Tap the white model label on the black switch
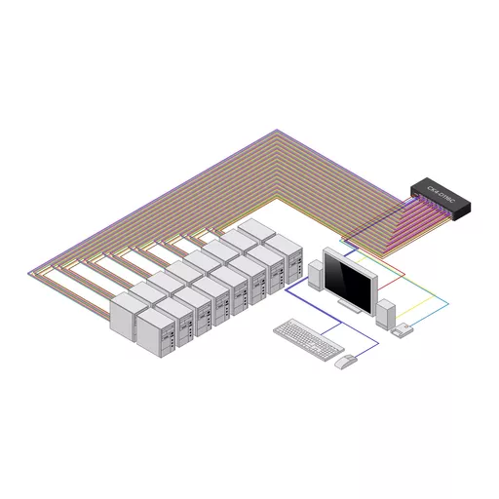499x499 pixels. pyautogui.click(x=448, y=184)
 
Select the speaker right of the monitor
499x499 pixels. pyautogui.click(x=386, y=313)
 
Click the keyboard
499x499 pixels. pyautogui.click(x=304, y=338)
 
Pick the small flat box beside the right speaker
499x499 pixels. pyautogui.click(x=403, y=331)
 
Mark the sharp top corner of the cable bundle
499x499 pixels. pyautogui.click(x=278, y=130)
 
